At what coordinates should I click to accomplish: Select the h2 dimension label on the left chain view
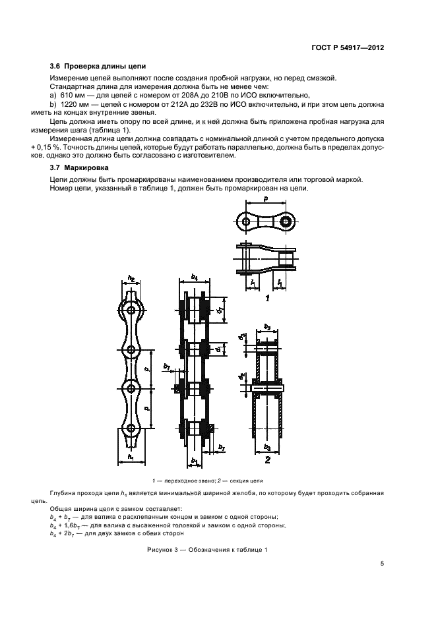click(x=131, y=278)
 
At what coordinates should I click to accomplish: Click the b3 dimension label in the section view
click(x=266, y=446)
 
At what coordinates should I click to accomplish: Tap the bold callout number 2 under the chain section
click(x=266, y=459)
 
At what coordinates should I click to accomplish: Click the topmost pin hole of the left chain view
click(x=132, y=309)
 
